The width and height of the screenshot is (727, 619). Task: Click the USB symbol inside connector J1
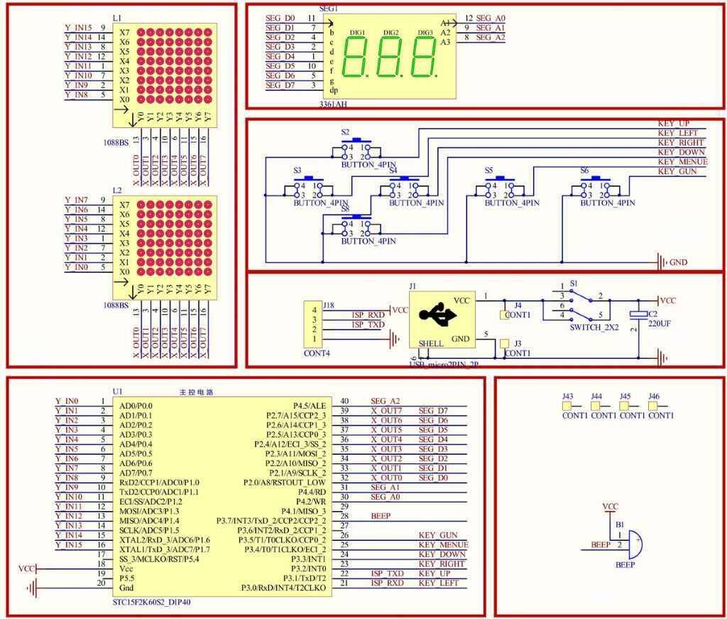(434, 316)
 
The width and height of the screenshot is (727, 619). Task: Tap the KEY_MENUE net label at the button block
(683, 161)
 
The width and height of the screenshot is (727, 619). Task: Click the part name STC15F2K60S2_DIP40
(152, 602)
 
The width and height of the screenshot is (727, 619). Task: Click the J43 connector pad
(567, 406)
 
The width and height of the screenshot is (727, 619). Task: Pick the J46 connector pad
(654, 406)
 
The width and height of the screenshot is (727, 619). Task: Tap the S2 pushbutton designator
(345, 132)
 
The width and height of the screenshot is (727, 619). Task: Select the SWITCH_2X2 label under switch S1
(594, 328)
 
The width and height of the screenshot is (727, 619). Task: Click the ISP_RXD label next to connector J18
(368, 314)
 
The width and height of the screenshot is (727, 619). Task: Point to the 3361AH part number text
(334, 104)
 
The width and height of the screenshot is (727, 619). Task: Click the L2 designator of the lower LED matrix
(117, 191)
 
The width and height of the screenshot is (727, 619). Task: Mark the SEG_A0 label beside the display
(491, 18)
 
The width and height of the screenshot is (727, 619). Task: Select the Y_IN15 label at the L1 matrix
(78, 28)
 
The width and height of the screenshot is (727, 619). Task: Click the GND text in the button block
(679, 262)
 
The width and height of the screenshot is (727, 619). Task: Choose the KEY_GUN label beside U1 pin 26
(438, 535)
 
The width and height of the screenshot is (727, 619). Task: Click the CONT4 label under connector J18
(317, 352)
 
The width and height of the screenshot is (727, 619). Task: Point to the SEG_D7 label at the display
(280, 85)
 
